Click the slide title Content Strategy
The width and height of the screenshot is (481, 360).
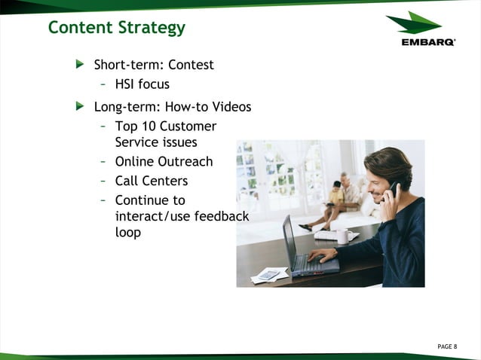116,28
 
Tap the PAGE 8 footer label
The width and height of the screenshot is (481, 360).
447,346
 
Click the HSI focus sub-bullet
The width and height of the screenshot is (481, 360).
142,84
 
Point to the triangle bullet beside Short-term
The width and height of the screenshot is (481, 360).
80,65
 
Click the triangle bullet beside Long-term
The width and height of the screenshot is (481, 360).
80,107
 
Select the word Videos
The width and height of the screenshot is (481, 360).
229,107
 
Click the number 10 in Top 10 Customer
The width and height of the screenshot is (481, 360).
148,127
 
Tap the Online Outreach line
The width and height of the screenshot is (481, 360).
164,161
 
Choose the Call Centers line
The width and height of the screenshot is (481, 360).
151,181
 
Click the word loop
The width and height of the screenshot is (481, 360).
128,233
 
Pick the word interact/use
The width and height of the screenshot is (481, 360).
149,216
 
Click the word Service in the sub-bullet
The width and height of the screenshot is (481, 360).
136,142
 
